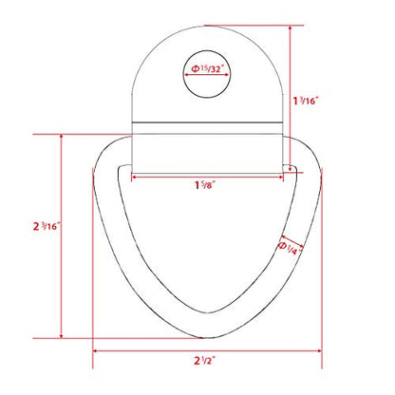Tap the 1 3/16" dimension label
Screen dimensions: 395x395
pos(305,101)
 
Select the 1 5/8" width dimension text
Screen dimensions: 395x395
pos(205,184)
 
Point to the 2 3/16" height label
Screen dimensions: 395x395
pos(47,226)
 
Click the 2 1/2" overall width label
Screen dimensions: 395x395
pos(205,360)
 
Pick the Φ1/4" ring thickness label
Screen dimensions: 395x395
pos(290,249)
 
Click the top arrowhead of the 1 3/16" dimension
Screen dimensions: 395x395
pos(291,28)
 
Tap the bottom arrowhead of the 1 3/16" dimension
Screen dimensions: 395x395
pos(291,170)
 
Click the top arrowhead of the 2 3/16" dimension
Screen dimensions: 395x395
pos(62,137)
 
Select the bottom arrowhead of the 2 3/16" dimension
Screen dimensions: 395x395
pos(62,335)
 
